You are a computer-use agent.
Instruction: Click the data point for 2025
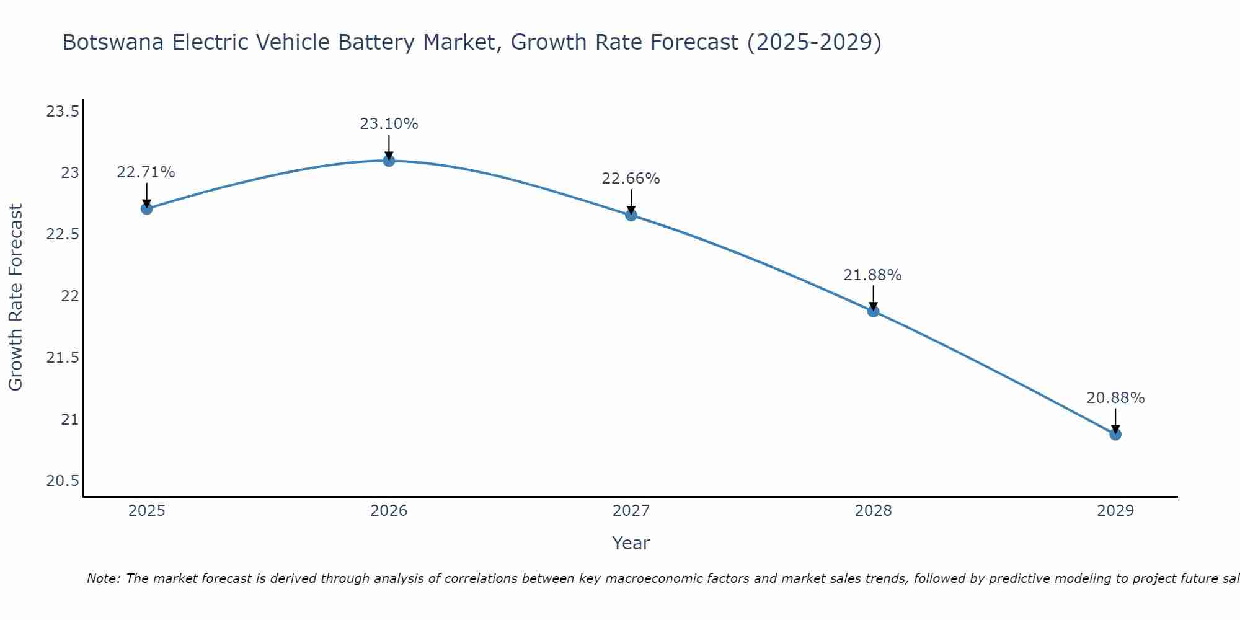pyautogui.click(x=147, y=208)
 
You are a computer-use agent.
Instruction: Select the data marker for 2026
pyautogui.click(x=389, y=161)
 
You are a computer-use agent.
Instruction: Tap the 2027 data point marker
pyautogui.click(x=631, y=215)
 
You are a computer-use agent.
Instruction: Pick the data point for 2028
pyautogui.click(x=873, y=311)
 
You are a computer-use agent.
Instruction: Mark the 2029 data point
pyautogui.click(x=1115, y=434)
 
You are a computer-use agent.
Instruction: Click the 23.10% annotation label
pyautogui.click(x=389, y=124)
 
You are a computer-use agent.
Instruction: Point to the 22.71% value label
pyautogui.click(x=146, y=172)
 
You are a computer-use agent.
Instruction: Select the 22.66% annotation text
pyautogui.click(x=631, y=179)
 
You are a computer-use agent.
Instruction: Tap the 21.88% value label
pyautogui.click(x=872, y=275)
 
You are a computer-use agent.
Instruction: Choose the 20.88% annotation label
pyautogui.click(x=1115, y=398)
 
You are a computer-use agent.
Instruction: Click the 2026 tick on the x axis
pyautogui.click(x=389, y=511)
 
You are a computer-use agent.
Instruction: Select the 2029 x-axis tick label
pyautogui.click(x=1115, y=511)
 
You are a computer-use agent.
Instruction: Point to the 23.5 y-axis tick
pyautogui.click(x=63, y=112)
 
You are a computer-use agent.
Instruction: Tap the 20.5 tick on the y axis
pyautogui.click(x=63, y=481)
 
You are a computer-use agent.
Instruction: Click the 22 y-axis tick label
pyautogui.click(x=70, y=296)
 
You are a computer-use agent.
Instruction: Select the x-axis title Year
pyautogui.click(x=631, y=543)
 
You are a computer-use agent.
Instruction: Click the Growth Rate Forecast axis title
pyautogui.click(x=15, y=297)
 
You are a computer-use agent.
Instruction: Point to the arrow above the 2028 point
pyautogui.click(x=873, y=296)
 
